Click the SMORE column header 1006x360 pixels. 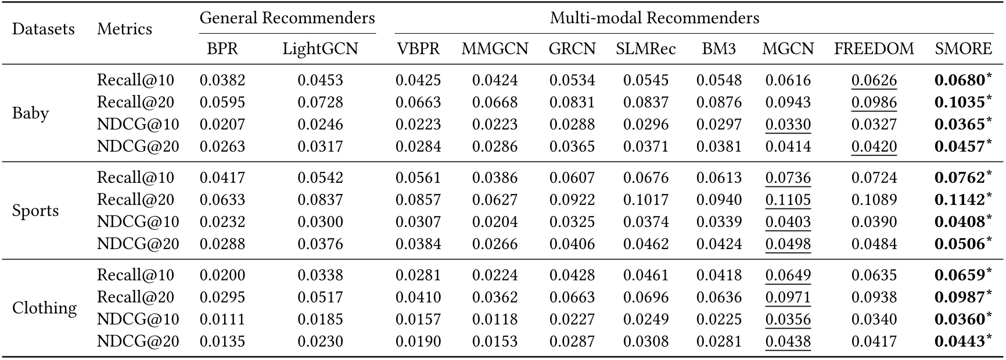[x=963, y=49]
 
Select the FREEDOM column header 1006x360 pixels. [x=874, y=49]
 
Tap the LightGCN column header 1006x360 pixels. [x=320, y=49]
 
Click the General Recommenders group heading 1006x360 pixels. [x=287, y=18]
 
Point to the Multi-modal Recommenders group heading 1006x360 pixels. [x=655, y=18]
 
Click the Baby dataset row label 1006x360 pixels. [x=30, y=113]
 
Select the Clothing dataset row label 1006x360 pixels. [x=44, y=308]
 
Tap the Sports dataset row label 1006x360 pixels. [x=35, y=210]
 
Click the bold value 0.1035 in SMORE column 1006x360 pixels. [x=960, y=102]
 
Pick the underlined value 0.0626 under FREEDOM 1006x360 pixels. [x=874, y=80]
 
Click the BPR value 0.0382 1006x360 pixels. [x=222, y=80]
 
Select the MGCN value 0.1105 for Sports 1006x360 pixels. [x=788, y=200]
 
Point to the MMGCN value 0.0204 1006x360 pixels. [x=494, y=222]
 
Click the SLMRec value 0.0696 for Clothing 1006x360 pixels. [x=646, y=297]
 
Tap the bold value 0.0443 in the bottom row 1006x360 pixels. [x=960, y=341]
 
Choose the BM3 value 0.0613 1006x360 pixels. [x=719, y=178]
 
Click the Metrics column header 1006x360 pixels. [x=124, y=29]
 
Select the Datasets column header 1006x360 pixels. [x=44, y=29]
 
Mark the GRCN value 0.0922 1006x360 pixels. [x=572, y=200]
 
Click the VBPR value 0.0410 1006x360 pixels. [x=418, y=297]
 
